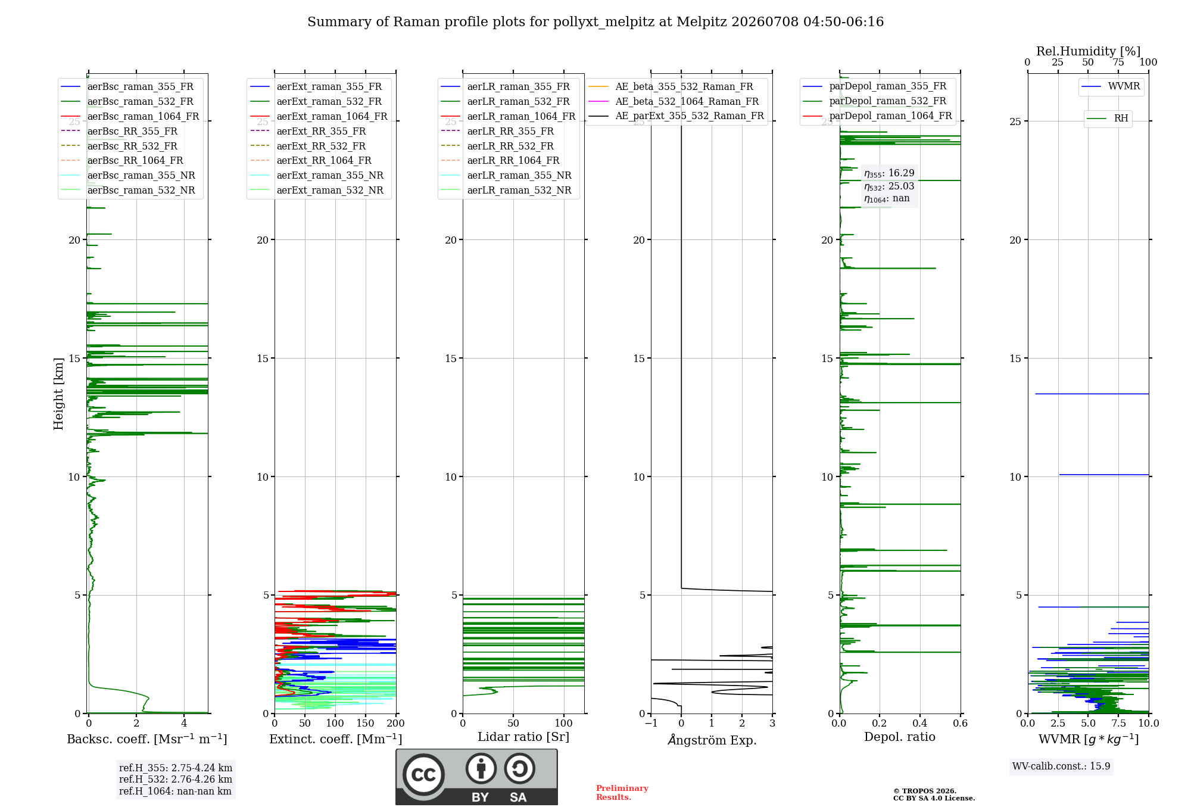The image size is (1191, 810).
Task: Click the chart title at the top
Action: [595, 22]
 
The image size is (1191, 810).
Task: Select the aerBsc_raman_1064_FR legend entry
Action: [130, 117]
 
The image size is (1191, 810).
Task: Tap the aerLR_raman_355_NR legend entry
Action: [506, 175]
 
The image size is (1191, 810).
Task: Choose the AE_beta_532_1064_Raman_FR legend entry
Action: [674, 101]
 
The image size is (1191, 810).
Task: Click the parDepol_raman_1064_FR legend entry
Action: [877, 116]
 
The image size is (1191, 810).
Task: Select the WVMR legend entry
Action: [1111, 86]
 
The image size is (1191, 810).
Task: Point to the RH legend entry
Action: [1108, 119]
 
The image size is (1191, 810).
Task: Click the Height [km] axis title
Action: [58, 394]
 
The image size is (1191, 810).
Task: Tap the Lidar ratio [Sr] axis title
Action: [523, 737]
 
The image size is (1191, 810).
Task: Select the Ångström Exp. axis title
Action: [712, 740]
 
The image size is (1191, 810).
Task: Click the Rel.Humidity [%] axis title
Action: [1089, 51]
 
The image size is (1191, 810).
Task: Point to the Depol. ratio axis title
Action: [900, 737]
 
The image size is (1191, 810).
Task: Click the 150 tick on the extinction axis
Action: [365, 723]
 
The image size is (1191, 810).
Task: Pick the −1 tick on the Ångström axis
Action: [651, 723]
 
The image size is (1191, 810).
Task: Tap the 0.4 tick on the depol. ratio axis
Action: [920, 723]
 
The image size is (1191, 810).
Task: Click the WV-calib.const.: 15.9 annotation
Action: [1061, 767]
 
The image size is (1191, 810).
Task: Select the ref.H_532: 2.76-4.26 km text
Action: [176, 779]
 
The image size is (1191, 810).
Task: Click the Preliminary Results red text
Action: [622, 793]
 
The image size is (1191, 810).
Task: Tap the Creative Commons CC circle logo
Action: [423, 775]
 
